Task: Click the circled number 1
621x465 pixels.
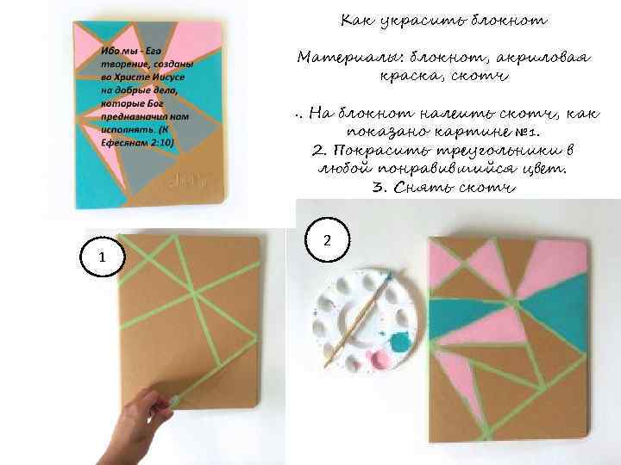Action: click(102, 257)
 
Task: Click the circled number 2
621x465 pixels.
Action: click(327, 240)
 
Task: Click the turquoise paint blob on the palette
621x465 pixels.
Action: click(400, 342)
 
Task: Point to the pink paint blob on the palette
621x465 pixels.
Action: click(379, 359)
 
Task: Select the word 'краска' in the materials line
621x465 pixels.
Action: click(408, 75)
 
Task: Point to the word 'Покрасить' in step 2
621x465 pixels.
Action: click(381, 151)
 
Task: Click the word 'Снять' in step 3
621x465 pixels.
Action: click(423, 187)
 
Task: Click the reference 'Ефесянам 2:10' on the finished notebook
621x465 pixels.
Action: click(137, 143)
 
